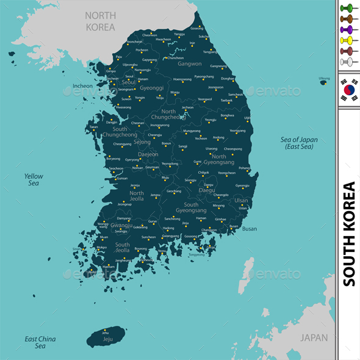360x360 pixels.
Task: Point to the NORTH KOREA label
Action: point(101,22)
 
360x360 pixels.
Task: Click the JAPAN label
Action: point(314,337)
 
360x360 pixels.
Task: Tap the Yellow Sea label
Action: point(34,179)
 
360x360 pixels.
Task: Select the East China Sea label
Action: point(40,342)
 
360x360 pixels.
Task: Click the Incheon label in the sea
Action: point(82,86)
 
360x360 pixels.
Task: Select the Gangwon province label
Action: point(189,63)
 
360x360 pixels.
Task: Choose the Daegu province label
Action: point(207,190)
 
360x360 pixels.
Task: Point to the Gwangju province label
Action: point(122,225)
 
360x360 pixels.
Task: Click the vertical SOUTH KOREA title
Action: point(349,234)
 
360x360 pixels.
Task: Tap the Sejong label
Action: point(142,142)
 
